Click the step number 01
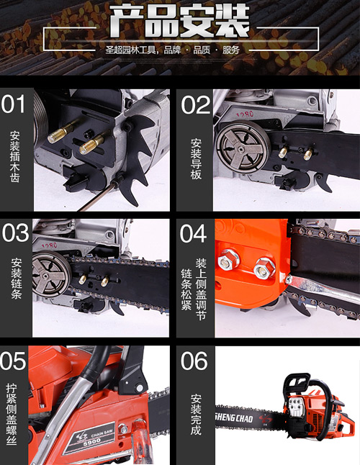coord(14,104)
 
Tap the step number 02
coord(195,105)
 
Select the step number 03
coord(15,233)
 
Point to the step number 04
coord(193,233)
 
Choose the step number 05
coord(13,361)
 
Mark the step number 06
coord(194,361)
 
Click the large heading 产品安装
coord(179,21)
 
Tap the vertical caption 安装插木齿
coord(15,157)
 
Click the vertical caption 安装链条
coord(17,278)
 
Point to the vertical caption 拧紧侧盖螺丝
coord(12,415)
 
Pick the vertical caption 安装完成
coord(196,415)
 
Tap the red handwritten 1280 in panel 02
coord(245,114)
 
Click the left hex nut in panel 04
coord(229,259)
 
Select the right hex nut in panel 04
coord(264,268)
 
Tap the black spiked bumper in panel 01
coord(140,154)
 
